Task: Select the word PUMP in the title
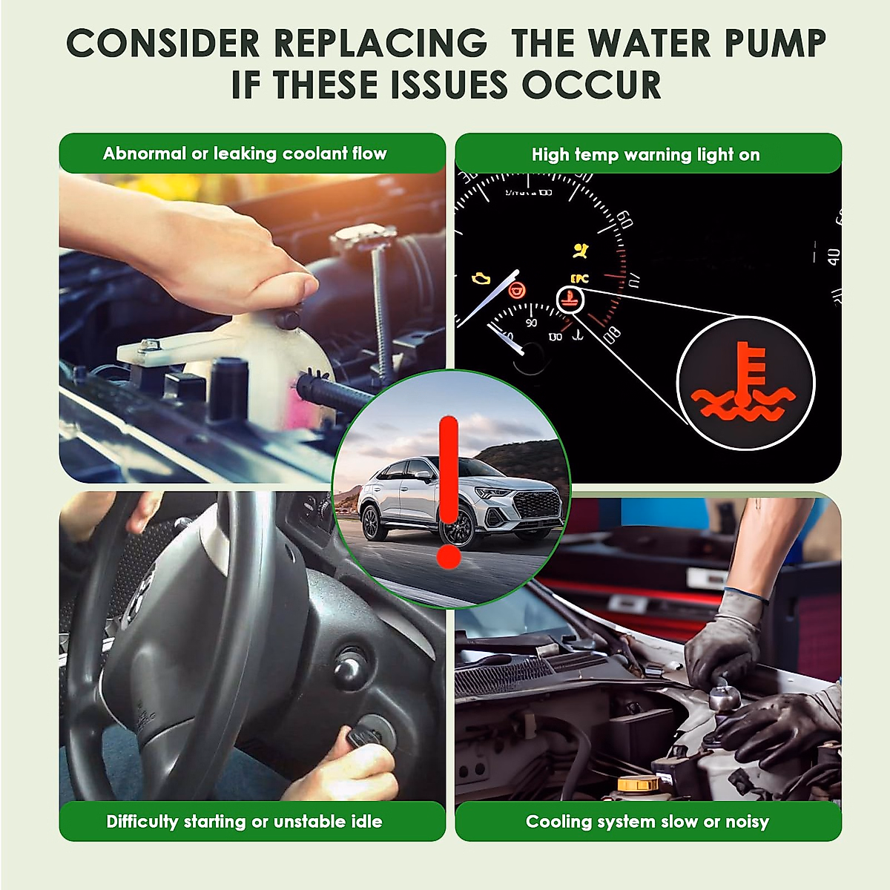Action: click(x=775, y=44)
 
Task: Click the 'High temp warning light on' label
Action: click(x=646, y=155)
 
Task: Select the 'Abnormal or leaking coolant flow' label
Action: click(x=245, y=154)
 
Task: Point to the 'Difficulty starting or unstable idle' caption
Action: click(x=244, y=822)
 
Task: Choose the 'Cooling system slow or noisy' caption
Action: click(x=647, y=822)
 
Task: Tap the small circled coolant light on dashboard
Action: click(x=570, y=300)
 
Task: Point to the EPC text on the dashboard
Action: click(x=579, y=279)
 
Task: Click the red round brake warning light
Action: click(x=517, y=291)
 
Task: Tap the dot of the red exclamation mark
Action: click(x=449, y=557)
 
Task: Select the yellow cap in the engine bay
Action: click(x=638, y=783)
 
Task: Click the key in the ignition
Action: click(x=361, y=736)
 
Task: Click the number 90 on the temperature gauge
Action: click(x=531, y=323)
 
